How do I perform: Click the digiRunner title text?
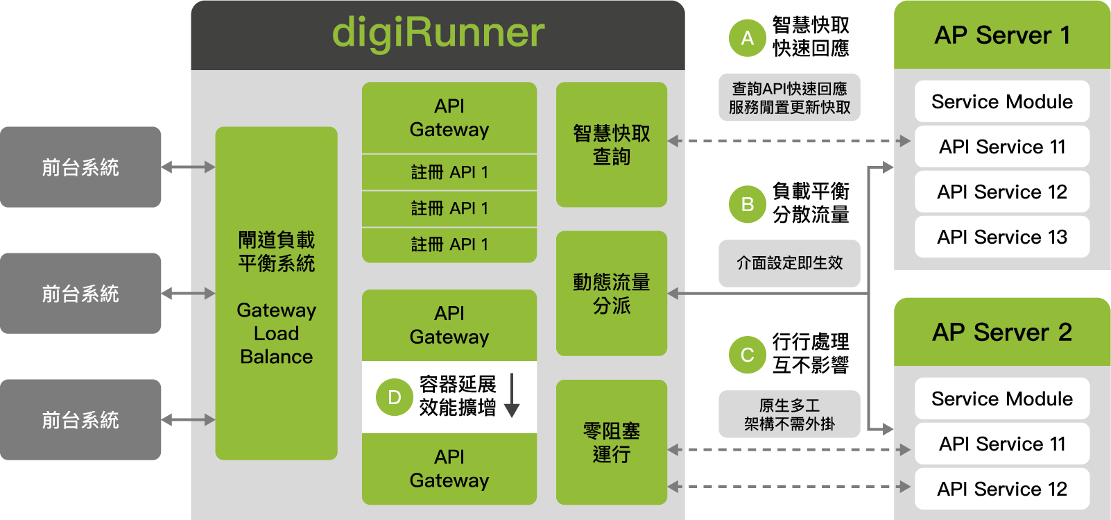[x=438, y=33]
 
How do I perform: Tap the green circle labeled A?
[x=747, y=38]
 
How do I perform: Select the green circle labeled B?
[x=747, y=205]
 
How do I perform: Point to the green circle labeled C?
[x=747, y=355]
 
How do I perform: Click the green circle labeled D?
[x=394, y=397]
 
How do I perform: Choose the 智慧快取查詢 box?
[x=611, y=144]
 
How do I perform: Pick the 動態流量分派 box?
[x=611, y=294]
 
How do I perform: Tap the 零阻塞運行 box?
[x=611, y=442]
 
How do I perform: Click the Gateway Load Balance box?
[x=276, y=293]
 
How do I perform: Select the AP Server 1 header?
[x=1001, y=35]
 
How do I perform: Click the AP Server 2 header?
[x=1001, y=332]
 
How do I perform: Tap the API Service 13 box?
[x=1001, y=237]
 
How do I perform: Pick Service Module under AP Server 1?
[x=1001, y=101]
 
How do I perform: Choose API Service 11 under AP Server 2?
[x=1001, y=444]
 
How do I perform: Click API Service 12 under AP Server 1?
[x=1001, y=192]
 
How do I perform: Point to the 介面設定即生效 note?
[x=789, y=263]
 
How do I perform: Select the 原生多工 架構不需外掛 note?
[x=789, y=414]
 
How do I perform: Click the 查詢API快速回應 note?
[x=789, y=98]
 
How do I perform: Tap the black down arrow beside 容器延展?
[x=512, y=396]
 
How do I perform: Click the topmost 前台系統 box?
[x=80, y=167]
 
